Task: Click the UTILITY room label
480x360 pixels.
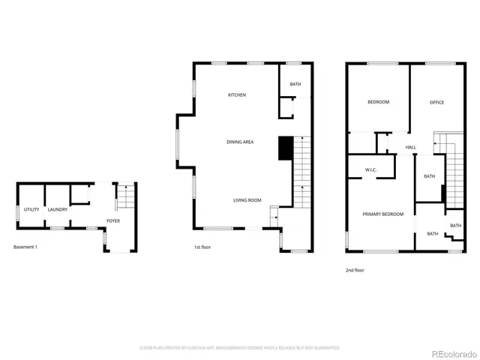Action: [31, 209]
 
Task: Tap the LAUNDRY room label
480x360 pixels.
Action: [58, 209]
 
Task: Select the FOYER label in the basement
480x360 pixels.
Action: [113, 220]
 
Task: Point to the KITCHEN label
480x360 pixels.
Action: [237, 95]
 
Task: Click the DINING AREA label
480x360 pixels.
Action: [240, 141]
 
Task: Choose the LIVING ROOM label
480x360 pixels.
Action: [247, 200]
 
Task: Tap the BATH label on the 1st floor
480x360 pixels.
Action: [295, 84]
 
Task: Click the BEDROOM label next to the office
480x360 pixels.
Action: [378, 102]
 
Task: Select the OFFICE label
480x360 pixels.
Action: [436, 102]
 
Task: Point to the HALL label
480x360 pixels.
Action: [411, 147]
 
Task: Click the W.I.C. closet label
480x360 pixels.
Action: [370, 170]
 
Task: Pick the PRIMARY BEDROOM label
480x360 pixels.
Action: [383, 214]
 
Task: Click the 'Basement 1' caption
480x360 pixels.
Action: [25, 247]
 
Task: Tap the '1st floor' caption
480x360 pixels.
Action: [202, 247]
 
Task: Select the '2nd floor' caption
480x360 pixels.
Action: [355, 270]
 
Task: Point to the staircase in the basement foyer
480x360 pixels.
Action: [127, 197]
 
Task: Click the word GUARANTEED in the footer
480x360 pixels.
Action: [324, 348]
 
